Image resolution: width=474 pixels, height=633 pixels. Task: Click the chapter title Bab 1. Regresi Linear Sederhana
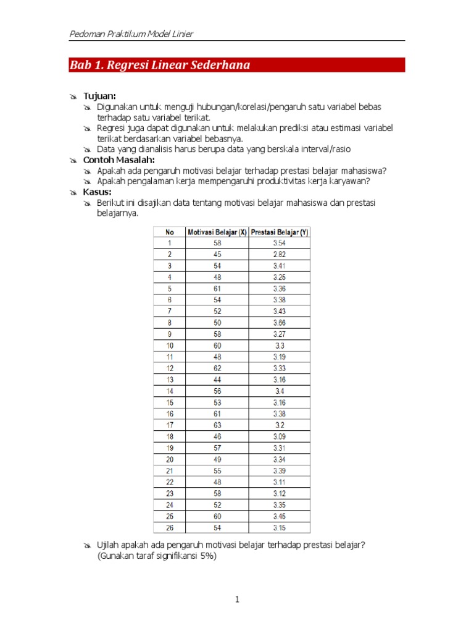tap(159, 66)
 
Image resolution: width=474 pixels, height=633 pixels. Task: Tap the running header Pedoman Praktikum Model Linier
tap(131, 34)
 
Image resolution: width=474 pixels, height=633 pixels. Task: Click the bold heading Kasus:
tap(98, 192)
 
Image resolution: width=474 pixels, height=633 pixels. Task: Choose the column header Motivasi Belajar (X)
tap(217, 232)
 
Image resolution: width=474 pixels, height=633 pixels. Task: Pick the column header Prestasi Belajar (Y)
tap(280, 232)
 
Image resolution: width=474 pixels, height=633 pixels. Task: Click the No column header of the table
tap(169, 232)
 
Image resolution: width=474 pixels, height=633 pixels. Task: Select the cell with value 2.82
tap(280, 254)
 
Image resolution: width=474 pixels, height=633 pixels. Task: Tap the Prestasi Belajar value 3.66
tap(280, 323)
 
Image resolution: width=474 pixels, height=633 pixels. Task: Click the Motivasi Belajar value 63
tap(217, 425)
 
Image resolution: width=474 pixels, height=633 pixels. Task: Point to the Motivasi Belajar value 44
tap(217, 380)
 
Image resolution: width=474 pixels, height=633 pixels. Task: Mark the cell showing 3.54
tap(280, 243)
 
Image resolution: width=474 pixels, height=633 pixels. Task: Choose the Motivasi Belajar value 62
tap(217, 368)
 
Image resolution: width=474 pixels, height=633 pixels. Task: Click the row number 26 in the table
tap(169, 528)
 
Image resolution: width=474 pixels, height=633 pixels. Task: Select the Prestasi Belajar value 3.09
tap(280, 436)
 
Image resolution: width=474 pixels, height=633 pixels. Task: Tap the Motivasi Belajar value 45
tap(217, 254)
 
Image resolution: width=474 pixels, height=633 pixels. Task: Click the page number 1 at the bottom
tap(237, 600)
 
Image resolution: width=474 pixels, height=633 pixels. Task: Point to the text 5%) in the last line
tap(208, 556)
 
